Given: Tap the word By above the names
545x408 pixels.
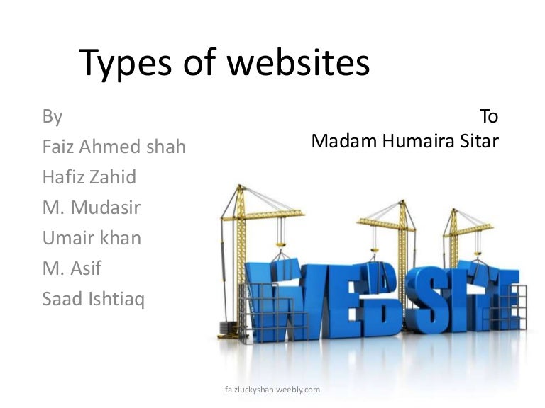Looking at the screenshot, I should [x=53, y=116].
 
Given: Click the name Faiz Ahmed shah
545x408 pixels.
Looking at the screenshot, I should [x=114, y=147].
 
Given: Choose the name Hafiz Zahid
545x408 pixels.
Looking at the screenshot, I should [x=89, y=177].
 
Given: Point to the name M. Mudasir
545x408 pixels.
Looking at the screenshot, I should [x=92, y=208].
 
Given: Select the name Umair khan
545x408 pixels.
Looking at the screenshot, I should [x=92, y=238].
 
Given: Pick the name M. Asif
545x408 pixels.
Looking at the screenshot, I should [x=72, y=268].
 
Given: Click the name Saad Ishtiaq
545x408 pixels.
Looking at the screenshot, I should [x=93, y=299].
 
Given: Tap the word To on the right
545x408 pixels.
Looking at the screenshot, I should [x=489, y=116].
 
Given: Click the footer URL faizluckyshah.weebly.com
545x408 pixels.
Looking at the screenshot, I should [x=272, y=389].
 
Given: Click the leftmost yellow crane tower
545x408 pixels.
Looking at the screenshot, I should [x=240, y=241].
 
